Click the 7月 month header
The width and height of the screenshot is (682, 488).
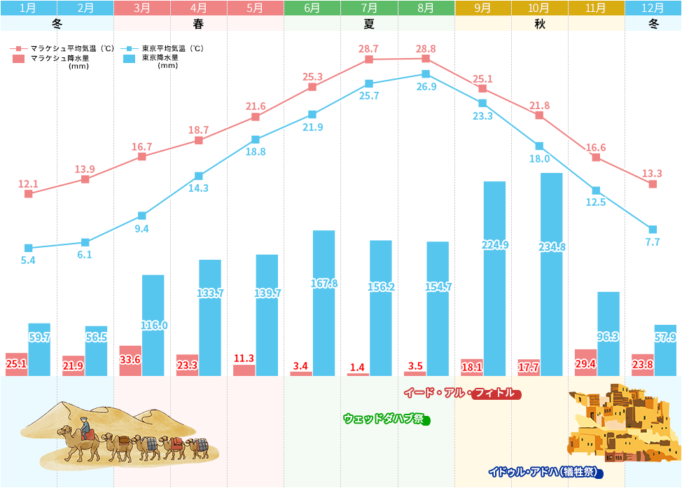[369, 8]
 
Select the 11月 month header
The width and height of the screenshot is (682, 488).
[596, 8]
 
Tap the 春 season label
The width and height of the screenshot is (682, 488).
[198, 23]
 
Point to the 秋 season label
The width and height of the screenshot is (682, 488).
[539, 23]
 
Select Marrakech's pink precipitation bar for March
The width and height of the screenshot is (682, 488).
[130, 360]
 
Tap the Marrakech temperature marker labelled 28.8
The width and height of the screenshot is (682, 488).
[426, 59]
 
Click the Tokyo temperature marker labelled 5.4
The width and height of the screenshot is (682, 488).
[28, 248]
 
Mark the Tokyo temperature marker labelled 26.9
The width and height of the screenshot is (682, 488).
[426, 74]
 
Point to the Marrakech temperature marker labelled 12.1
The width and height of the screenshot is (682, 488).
[28, 193]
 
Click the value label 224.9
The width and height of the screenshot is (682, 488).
[494, 244]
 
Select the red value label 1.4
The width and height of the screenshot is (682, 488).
[357, 368]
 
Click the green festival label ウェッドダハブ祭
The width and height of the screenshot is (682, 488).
[384, 419]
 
